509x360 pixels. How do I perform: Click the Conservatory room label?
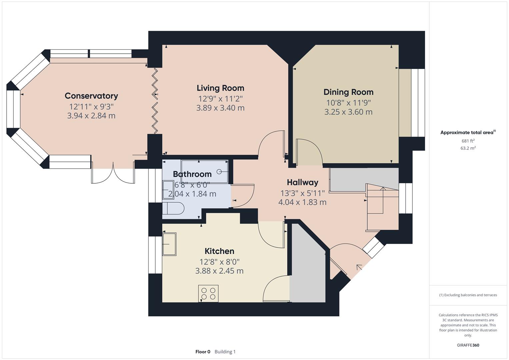click(x=91, y=96)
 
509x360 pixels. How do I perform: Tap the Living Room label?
click(x=220, y=88)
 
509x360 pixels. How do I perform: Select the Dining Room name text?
click(x=348, y=92)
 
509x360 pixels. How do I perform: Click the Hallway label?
click(x=302, y=182)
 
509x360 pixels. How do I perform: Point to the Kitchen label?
click(x=219, y=251)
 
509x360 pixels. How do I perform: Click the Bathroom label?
click(x=192, y=174)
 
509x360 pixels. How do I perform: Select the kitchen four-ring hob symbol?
click(x=208, y=293)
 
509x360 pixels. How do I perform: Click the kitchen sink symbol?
click(x=169, y=244)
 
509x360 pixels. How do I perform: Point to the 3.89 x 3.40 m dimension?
click(x=220, y=108)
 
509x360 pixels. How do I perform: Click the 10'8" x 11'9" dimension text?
click(x=348, y=103)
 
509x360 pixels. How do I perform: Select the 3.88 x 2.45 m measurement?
click(x=219, y=271)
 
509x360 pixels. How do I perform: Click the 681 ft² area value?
click(x=468, y=141)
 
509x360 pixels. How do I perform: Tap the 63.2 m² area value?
click(x=468, y=148)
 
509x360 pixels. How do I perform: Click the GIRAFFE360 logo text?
click(x=468, y=345)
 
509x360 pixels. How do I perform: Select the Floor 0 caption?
click(x=203, y=352)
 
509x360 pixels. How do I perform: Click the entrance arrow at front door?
click(x=359, y=267)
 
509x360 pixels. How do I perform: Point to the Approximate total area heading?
click(x=467, y=133)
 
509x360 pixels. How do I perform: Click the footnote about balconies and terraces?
click(x=468, y=295)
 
